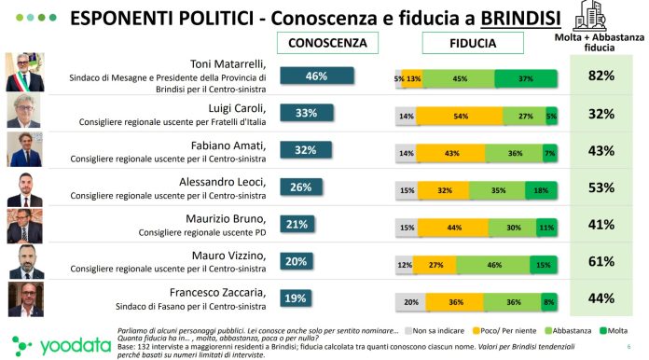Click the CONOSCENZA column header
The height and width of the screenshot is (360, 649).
[x=329, y=43]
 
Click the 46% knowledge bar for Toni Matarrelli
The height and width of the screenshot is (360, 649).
[x=316, y=76]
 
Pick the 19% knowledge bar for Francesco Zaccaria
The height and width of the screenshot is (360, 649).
[x=296, y=299]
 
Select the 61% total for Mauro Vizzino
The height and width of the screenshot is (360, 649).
[x=601, y=262]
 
